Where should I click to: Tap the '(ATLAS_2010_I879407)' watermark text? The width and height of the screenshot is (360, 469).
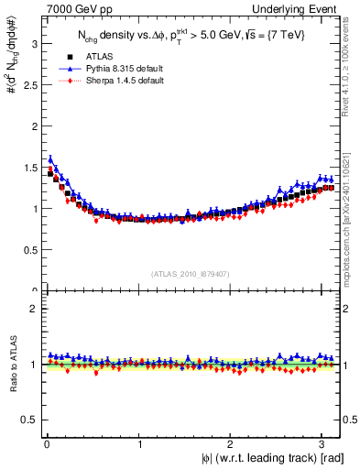[191, 273]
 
